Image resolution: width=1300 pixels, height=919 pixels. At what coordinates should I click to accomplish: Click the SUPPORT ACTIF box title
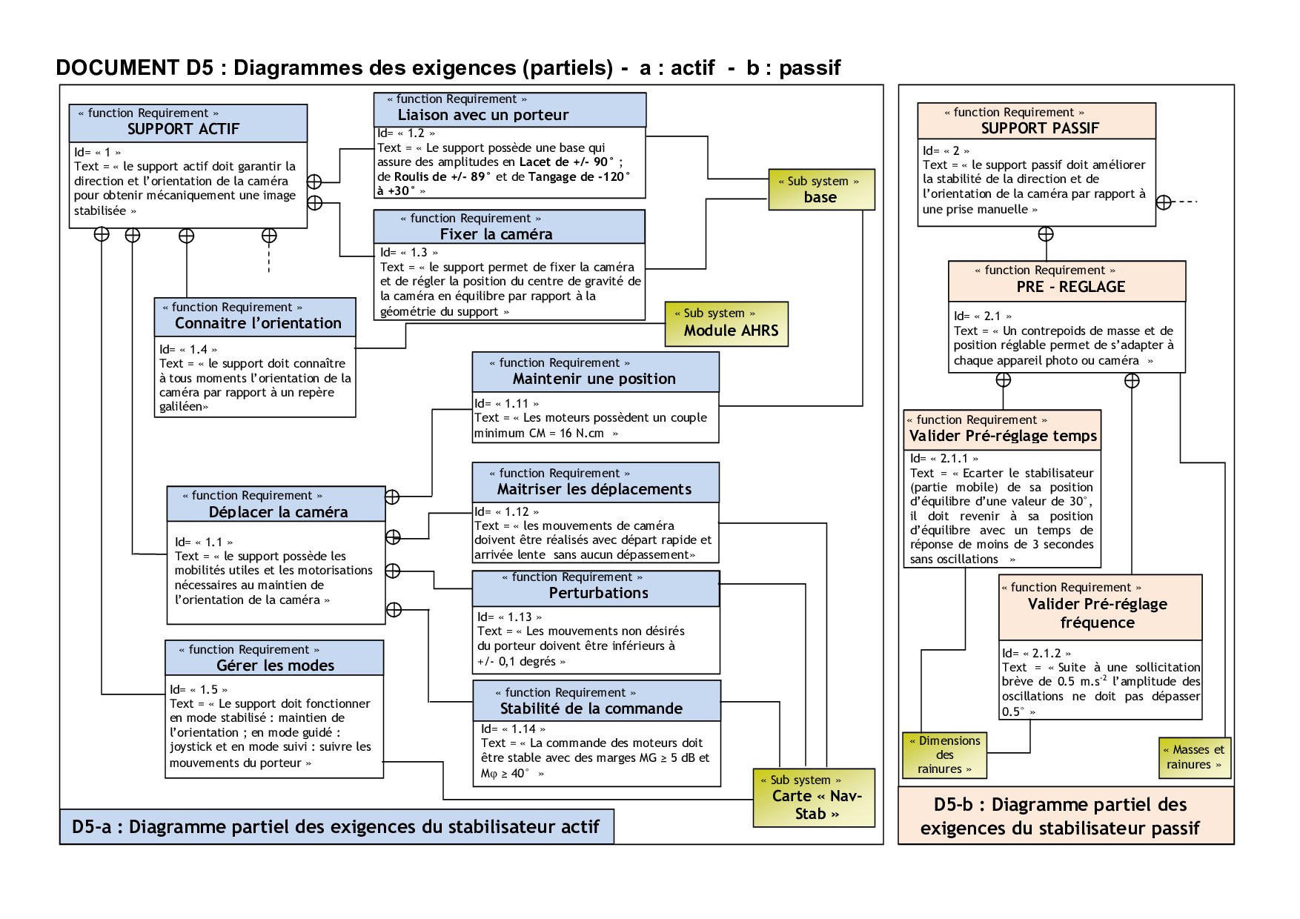(x=183, y=129)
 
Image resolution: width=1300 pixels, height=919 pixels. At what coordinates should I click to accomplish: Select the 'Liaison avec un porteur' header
(x=482, y=115)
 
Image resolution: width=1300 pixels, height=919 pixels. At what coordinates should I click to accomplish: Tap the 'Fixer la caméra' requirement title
(x=496, y=234)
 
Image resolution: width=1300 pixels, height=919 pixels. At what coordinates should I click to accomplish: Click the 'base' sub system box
(x=820, y=190)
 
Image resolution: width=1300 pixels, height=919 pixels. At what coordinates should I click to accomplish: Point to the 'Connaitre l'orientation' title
(x=258, y=323)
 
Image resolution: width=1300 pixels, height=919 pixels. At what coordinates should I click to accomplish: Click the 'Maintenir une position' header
(x=594, y=379)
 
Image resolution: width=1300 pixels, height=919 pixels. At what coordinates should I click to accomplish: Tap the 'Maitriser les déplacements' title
(x=594, y=489)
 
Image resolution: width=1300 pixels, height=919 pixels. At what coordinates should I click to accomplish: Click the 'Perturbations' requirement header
(x=598, y=593)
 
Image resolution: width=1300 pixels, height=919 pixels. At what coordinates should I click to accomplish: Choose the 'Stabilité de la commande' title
(x=591, y=709)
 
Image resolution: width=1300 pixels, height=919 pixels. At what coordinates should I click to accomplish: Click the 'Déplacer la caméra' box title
(x=278, y=512)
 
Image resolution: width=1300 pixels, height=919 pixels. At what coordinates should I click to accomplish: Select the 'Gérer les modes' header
(x=275, y=666)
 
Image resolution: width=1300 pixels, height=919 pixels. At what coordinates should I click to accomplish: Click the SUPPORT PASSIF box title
(x=1039, y=128)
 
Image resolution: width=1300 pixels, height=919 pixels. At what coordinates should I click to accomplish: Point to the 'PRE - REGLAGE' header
(x=1070, y=287)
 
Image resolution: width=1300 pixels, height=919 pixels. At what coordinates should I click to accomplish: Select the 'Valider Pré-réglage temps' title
(x=1003, y=436)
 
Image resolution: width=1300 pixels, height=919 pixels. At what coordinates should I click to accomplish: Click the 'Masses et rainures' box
(x=1194, y=757)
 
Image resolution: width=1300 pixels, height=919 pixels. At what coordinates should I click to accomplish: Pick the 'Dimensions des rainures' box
(x=944, y=755)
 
